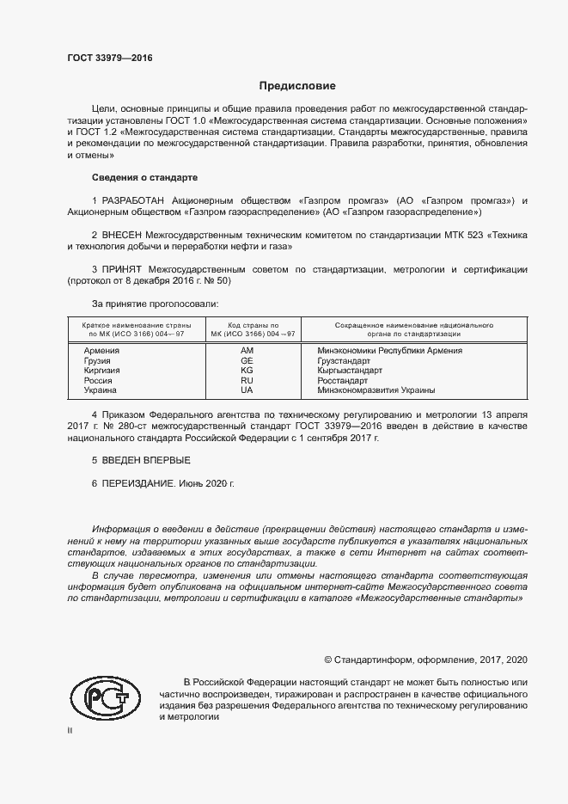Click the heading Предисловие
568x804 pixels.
[x=297, y=86]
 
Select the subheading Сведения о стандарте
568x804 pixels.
[x=144, y=177]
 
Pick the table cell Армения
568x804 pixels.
[x=101, y=351]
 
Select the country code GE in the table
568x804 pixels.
[x=247, y=361]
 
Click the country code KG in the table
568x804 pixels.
[x=247, y=371]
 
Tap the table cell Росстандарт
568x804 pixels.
[x=342, y=380]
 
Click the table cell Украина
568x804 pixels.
[x=100, y=390]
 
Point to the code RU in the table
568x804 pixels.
[x=247, y=380]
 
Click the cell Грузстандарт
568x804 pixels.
[x=344, y=361]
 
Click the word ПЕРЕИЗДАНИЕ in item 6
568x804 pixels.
[x=138, y=484]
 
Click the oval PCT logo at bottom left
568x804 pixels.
[x=105, y=697]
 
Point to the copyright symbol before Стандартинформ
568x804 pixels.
[x=328, y=660]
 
